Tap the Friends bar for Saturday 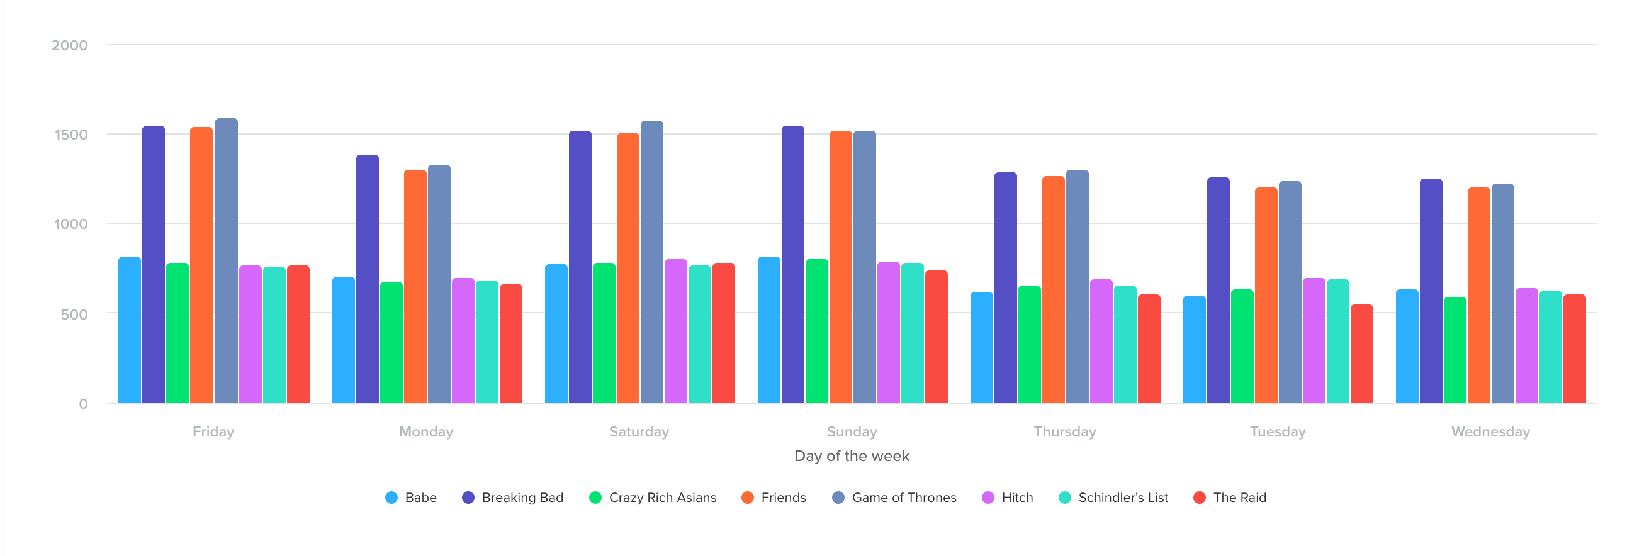coord(628,268)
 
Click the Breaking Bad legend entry coord(512,498)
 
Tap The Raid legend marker coord(1200,498)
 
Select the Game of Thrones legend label coord(903,498)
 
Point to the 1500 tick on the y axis coord(71,135)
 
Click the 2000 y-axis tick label coord(70,45)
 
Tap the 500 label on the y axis coord(74,314)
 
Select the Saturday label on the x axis coord(639,432)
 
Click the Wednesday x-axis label coord(1490,432)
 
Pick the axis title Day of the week coord(852,456)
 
